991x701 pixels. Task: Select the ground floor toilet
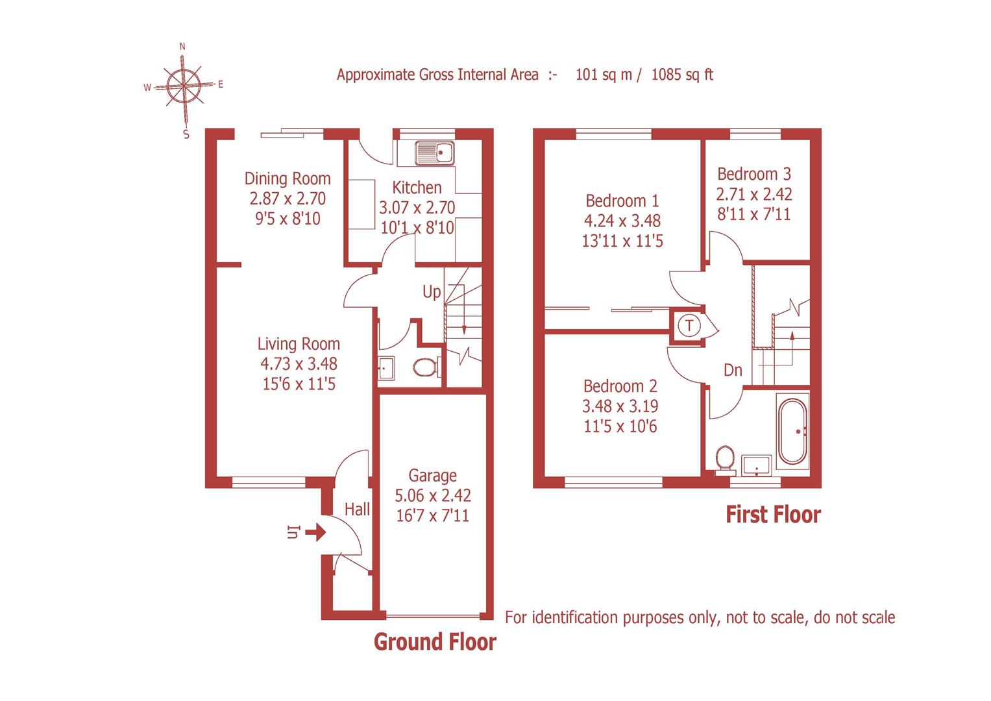424,367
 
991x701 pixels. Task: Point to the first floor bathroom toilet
724,458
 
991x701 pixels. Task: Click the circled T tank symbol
689,325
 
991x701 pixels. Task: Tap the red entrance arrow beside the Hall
315,534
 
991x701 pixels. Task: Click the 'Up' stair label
432,292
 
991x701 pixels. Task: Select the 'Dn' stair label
733,370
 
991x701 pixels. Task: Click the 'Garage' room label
432,476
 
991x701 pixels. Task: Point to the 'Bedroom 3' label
754,174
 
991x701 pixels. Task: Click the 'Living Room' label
299,344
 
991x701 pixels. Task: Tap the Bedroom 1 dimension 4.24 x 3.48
622,221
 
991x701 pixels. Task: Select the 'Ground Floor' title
435,642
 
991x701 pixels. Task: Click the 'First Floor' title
773,515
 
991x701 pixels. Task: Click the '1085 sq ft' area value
681,75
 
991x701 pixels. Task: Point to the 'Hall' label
357,510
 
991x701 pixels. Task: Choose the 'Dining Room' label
288,178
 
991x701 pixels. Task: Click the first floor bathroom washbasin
757,465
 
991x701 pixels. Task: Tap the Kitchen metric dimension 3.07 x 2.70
417,208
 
